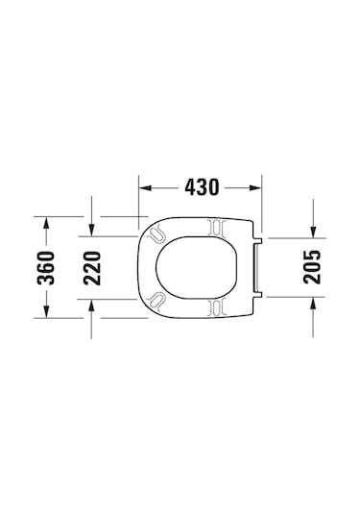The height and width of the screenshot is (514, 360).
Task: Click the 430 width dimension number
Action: click(202, 186)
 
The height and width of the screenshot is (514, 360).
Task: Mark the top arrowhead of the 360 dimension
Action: click(45, 222)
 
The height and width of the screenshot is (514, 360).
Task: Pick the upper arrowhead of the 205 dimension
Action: click(313, 232)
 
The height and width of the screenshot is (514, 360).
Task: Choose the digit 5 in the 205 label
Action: click(312, 249)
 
